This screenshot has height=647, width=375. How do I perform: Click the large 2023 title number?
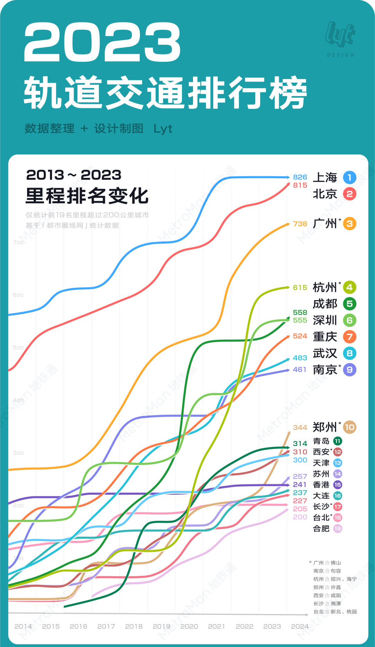coord(102,42)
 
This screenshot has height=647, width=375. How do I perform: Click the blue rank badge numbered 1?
coord(349,178)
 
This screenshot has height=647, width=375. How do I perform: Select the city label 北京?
coord(325,194)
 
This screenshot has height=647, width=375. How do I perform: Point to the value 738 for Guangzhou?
coord(300,224)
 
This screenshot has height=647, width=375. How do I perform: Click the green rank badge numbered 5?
coord(349,304)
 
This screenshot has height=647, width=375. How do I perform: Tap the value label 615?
coord(300,288)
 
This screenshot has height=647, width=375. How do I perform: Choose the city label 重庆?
coord(325,337)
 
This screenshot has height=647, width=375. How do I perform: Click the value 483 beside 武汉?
coord(300,358)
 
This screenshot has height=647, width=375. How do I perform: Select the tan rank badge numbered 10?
coord(349,427)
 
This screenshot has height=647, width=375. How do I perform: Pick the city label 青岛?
coord(321,441)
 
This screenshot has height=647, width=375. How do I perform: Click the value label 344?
coord(300,428)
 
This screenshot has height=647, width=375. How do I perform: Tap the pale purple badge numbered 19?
coord(337,529)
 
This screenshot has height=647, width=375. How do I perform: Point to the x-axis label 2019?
coord(161,627)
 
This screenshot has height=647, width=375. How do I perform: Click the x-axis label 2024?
coord(300,627)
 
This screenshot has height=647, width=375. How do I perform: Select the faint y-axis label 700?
coord(18,242)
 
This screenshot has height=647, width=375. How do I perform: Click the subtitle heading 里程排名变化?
coord(87,196)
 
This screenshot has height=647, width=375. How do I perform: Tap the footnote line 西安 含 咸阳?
coord(327,595)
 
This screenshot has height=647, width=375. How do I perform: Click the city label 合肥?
coord(321,529)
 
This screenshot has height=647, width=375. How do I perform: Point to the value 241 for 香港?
coord(300,485)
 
